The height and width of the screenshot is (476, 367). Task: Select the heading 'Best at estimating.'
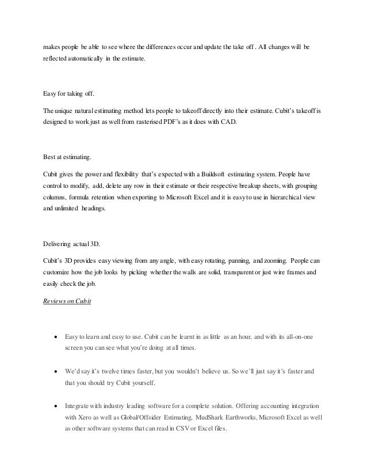(67, 156)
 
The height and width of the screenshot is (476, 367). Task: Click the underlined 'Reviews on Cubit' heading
(68, 300)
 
